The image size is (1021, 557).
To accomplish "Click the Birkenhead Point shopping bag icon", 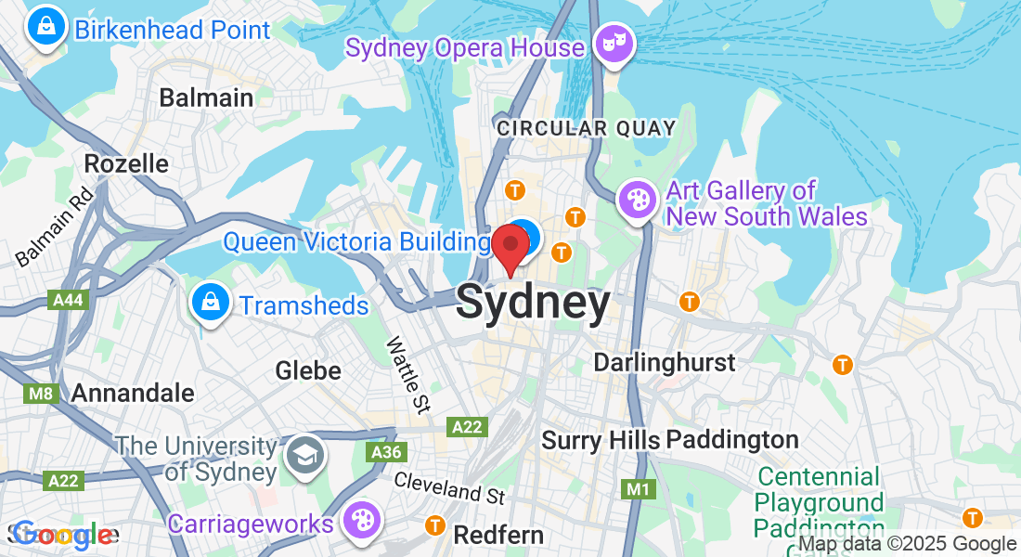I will pos(45,28).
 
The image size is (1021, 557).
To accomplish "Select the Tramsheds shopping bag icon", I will pos(211,304).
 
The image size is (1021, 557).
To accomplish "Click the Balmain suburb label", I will pos(206,97).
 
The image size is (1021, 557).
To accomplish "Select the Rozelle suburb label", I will pos(126,164).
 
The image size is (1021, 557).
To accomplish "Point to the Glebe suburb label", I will pos(308,371).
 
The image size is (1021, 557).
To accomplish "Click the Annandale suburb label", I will pos(133,393).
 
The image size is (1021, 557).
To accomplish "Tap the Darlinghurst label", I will pos(665,362).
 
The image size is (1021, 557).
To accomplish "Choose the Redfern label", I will pos(498,536).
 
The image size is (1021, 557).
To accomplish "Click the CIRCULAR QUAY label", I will pos(587,128).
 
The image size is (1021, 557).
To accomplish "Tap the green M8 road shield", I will pos(41,393).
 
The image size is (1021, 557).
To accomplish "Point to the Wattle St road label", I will pos(408,374).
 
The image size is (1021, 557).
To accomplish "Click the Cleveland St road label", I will pos(450,487).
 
